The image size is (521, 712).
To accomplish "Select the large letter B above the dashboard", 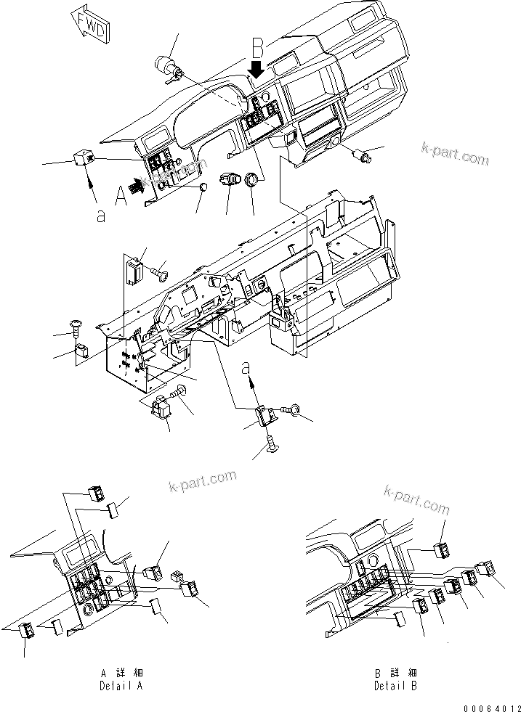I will tap(257, 49).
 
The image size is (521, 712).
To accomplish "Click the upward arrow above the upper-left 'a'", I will tap(92, 192).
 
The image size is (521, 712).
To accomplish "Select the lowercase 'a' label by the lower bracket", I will tap(249, 365).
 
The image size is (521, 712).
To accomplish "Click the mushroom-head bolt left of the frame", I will tap(75, 327).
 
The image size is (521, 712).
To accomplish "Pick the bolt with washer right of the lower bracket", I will tap(293, 411).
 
